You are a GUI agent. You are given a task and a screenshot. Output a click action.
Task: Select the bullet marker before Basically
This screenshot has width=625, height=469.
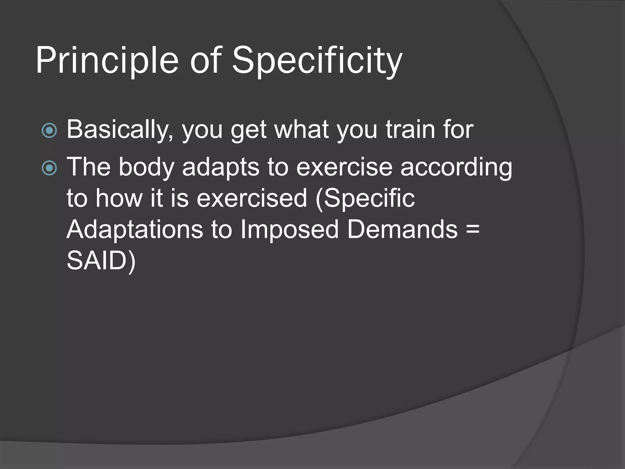pyautogui.click(x=49, y=131)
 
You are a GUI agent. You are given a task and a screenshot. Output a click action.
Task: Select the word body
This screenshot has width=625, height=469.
pyautogui.click(x=146, y=167)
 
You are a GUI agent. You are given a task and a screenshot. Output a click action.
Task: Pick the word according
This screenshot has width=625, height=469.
pyautogui.click(x=456, y=167)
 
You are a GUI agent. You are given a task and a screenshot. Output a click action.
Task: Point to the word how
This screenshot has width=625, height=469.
pyautogui.click(x=119, y=198)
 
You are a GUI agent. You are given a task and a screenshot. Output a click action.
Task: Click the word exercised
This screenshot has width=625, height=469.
pyautogui.click(x=251, y=198)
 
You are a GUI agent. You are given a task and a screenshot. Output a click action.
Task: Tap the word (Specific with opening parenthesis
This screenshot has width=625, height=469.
pyautogui.click(x=365, y=198)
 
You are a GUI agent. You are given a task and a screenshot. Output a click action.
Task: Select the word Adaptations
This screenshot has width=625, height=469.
pyautogui.click(x=135, y=230)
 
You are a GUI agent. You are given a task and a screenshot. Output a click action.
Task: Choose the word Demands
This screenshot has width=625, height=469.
pyautogui.click(x=402, y=230)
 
